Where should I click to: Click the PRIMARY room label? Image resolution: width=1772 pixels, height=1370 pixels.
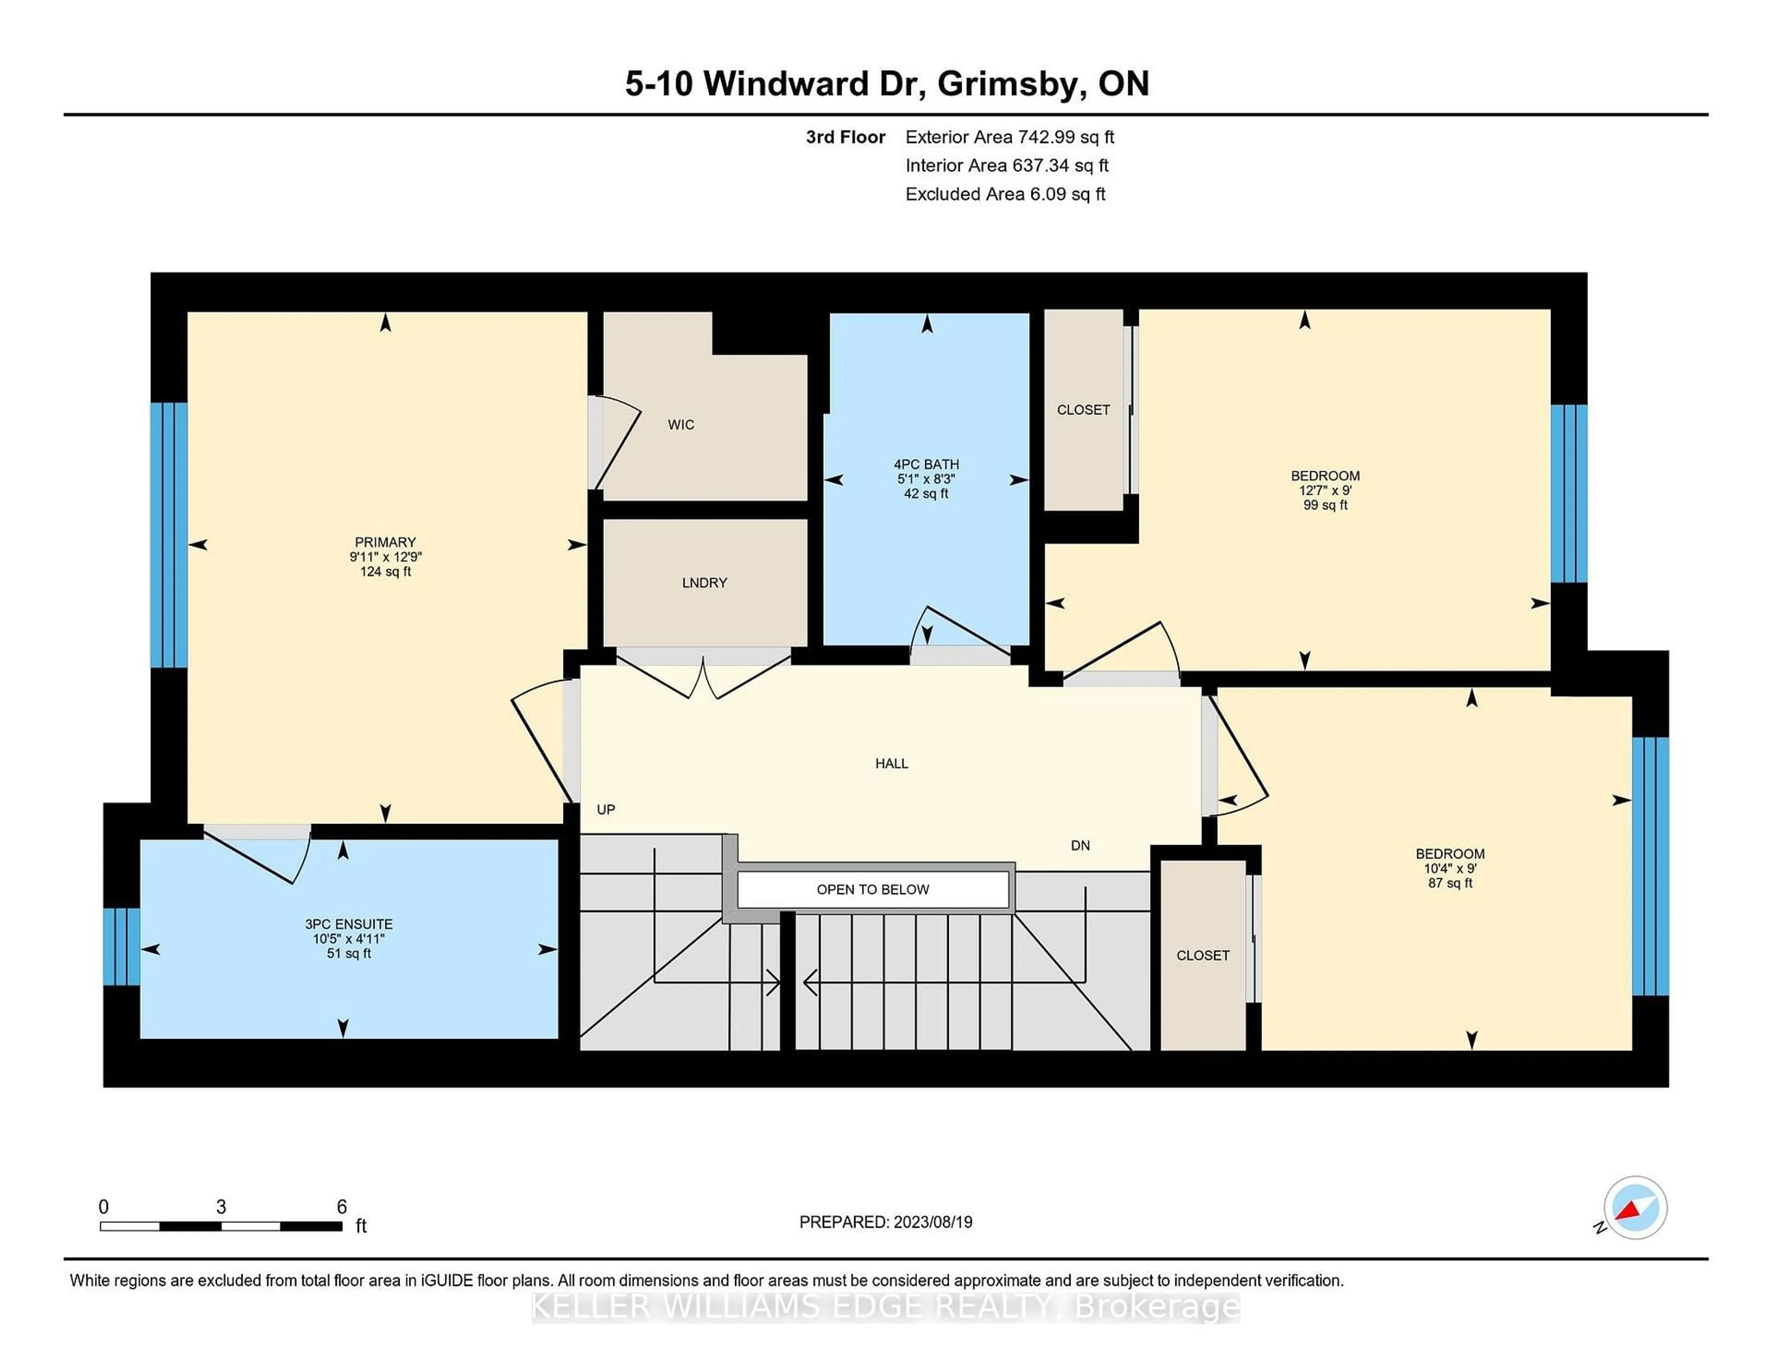coord(385,542)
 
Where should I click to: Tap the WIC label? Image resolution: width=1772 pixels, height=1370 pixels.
coord(681,425)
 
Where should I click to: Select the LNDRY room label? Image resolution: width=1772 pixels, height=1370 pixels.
coord(704,583)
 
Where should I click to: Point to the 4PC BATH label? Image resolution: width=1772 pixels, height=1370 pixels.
coord(927,464)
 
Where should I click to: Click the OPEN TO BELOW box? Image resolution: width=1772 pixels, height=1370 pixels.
coord(873,889)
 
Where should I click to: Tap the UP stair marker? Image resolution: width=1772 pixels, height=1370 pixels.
coord(606,809)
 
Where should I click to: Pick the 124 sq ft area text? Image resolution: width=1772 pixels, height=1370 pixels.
coord(385,571)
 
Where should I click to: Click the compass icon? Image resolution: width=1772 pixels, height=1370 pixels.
coord(1635,1208)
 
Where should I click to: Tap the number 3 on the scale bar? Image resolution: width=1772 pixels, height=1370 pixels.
coord(221,1207)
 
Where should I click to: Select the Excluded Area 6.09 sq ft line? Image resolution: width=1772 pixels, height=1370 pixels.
coord(1005,194)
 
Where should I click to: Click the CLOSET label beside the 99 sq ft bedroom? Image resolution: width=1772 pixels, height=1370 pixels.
coord(1083,410)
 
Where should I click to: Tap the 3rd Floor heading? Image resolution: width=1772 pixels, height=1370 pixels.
coord(845,137)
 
